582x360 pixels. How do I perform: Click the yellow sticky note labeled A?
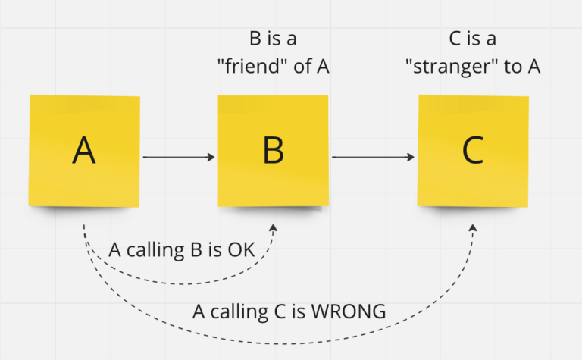(84, 151)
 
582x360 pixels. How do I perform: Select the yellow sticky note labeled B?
(273, 151)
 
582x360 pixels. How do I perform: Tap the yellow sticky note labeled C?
(473, 151)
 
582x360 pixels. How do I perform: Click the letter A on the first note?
(84, 150)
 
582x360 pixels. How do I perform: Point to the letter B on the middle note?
(273, 150)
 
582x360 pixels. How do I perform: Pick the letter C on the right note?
(473, 150)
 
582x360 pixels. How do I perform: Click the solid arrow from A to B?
(179, 158)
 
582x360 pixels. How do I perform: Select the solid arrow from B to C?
(373, 158)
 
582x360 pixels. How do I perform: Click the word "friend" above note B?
(254, 67)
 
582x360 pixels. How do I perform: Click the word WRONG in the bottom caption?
(349, 311)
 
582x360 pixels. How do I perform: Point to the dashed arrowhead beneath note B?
(274, 228)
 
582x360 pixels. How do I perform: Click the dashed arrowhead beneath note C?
(473, 228)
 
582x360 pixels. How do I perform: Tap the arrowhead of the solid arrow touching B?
(211, 158)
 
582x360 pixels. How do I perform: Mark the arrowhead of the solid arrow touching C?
(411, 158)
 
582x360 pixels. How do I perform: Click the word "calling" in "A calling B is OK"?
(155, 251)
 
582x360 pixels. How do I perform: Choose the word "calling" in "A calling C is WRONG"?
(239, 312)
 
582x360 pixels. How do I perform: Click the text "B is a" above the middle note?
(273, 39)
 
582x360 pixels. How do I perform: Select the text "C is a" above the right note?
(473, 39)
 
